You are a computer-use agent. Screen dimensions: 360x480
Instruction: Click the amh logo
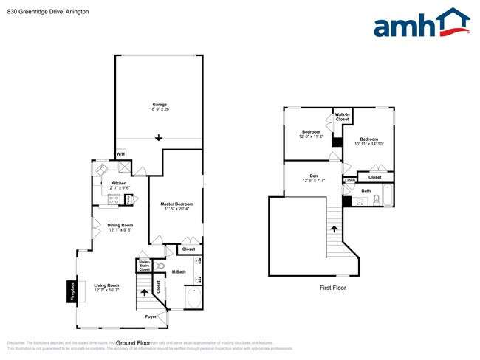coord(421,24)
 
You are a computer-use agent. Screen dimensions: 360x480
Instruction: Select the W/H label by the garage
coord(120,154)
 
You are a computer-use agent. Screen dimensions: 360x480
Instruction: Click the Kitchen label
coord(118,184)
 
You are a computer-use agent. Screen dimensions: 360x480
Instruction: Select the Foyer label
coord(151,317)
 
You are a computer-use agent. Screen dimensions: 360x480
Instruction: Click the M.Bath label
coord(178,272)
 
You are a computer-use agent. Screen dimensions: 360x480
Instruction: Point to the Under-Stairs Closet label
coord(145,266)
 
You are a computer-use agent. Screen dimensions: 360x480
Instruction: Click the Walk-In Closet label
coord(342,117)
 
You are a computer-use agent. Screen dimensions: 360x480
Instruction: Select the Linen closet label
coord(350,180)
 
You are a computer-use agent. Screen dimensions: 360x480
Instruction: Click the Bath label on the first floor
coord(366,191)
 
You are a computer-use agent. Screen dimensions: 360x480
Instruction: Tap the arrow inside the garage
coord(160,138)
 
